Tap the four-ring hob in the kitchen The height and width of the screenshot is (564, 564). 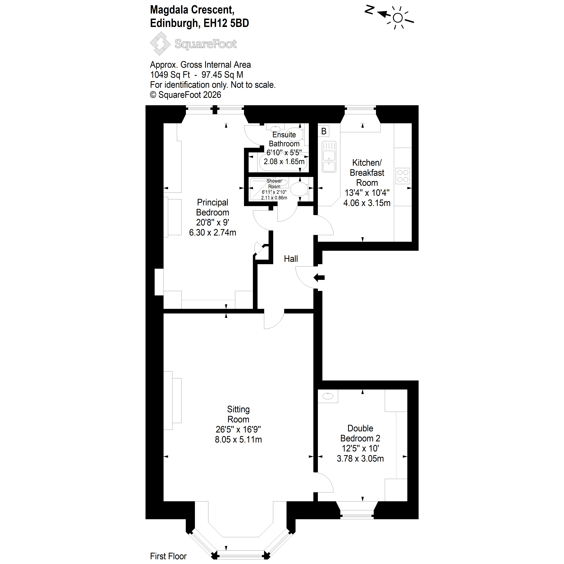click(403, 176)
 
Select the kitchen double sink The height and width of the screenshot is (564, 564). click(329, 157)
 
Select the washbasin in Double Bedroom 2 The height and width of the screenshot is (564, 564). click(328, 396)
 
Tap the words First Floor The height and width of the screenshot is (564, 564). click(168, 556)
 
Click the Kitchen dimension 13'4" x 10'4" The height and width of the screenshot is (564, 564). click(367, 193)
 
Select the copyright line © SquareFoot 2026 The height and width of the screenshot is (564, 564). click(186, 95)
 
